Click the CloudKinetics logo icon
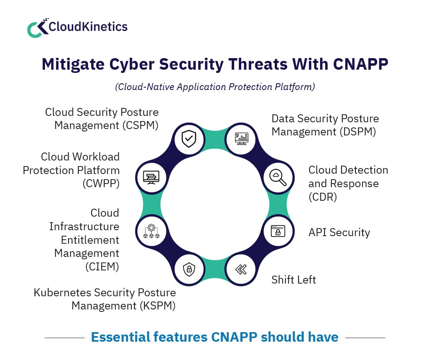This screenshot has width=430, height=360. tap(37, 28)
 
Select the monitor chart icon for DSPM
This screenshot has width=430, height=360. tap(241, 139)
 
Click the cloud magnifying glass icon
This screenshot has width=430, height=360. tap(278, 177)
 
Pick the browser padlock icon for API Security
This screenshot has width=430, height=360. tap(278, 231)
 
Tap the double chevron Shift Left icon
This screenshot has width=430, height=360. tap(240, 270)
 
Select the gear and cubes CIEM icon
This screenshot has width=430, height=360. tap(151, 231)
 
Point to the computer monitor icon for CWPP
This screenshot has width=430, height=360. tap(151, 177)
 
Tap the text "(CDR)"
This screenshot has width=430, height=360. tap(322, 197)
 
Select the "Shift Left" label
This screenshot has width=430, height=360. tap(293, 280)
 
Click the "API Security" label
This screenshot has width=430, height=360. tap(339, 233)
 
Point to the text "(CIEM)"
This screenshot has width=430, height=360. tap(102, 266)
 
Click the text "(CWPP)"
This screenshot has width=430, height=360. tap(101, 184)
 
